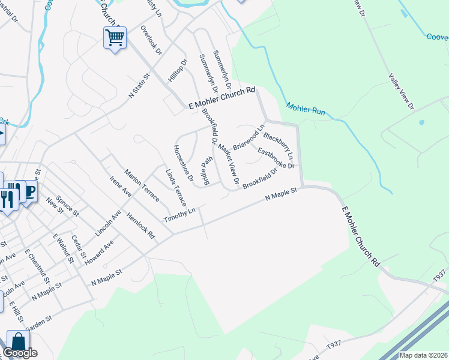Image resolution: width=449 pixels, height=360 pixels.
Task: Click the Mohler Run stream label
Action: click(306, 109)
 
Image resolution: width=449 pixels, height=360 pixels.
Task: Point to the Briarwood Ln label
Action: click(249, 137)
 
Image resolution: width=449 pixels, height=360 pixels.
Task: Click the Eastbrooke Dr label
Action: click(276, 158)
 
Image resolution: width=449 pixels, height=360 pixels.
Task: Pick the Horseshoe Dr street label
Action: click(182, 163)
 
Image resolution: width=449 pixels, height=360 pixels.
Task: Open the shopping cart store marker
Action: click(114, 38)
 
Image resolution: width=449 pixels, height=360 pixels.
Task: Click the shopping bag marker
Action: click(18, 342)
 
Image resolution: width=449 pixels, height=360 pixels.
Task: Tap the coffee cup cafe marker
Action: click(28, 192)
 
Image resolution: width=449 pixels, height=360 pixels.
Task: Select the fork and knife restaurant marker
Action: click(7, 198)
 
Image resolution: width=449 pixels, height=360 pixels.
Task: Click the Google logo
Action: click(20, 352)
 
